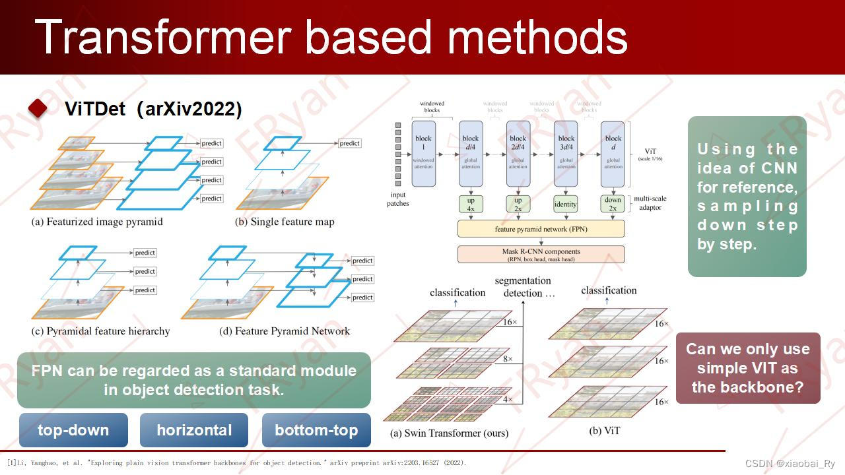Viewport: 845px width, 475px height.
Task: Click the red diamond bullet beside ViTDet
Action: (x=38, y=109)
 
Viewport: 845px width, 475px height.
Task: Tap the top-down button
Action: (x=73, y=430)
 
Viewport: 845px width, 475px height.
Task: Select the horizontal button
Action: (x=194, y=430)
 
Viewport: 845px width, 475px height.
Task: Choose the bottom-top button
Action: (x=316, y=430)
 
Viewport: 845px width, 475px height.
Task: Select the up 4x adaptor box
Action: (x=471, y=204)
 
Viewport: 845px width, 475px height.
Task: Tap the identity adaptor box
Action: (x=566, y=204)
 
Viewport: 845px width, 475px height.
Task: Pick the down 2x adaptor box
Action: (x=613, y=204)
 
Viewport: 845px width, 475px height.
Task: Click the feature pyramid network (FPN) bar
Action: (x=541, y=229)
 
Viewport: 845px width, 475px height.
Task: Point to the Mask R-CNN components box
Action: (x=541, y=255)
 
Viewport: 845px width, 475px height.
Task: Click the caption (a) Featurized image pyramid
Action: (x=97, y=222)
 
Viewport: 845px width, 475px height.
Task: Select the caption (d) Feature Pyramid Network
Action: (x=285, y=331)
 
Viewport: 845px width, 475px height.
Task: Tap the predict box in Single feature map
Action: (x=349, y=143)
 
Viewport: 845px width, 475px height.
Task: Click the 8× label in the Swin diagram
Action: (x=507, y=360)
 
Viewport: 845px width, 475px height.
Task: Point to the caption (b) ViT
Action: (x=604, y=431)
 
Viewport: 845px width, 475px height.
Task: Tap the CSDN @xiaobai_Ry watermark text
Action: (x=790, y=464)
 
